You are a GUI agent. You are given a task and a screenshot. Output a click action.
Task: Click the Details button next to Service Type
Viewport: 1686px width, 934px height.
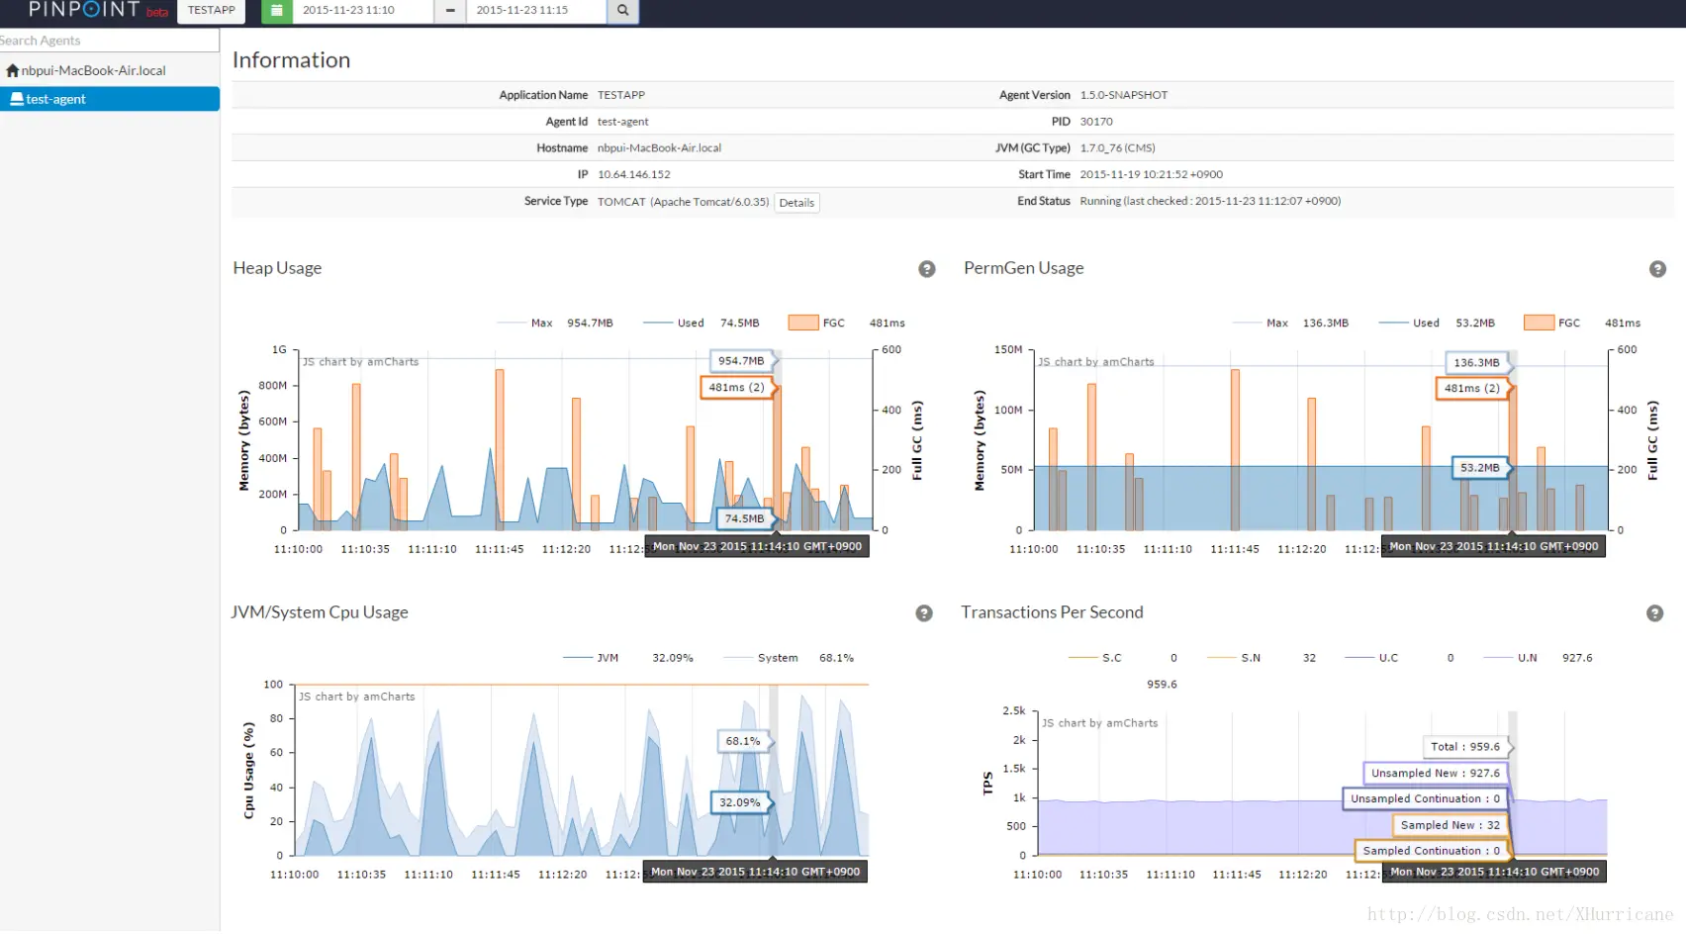(x=796, y=203)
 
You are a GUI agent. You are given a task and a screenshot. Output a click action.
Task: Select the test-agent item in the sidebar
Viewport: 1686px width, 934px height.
(x=55, y=99)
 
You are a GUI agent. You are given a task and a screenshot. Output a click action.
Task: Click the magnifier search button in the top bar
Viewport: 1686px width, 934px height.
(x=622, y=10)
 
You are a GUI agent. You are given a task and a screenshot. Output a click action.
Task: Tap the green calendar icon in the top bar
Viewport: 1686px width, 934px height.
(x=276, y=10)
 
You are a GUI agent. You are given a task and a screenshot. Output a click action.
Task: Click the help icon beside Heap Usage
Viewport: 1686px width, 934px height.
(x=926, y=269)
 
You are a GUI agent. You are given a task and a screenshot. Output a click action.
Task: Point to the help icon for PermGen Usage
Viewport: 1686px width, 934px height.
(x=1657, y=269)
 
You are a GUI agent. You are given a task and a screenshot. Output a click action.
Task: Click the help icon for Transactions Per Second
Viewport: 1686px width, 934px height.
(x=1654, y=613)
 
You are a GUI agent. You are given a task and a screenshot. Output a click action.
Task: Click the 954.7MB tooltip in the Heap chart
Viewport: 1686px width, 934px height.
(x=741, y=361)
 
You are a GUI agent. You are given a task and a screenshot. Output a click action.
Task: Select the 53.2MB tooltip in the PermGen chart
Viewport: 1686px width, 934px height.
(x=1479, y=468)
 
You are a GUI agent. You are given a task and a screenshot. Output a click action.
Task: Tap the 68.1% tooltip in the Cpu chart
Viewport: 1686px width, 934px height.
(x=743, y=741)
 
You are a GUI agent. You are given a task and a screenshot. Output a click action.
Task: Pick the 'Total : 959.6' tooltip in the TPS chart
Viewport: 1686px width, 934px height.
(x=1464, y=747)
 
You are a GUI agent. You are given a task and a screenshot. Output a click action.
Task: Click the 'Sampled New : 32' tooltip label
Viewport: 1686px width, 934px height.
(x=1450, y=825)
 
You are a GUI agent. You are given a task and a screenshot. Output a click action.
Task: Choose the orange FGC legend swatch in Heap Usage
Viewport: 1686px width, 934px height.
(x=802, y=323)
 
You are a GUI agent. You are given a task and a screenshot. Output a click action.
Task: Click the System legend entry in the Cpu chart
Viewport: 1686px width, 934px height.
(x=777, y=658)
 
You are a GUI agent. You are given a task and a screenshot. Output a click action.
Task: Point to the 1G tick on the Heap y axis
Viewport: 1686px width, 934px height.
(x=279, y=350)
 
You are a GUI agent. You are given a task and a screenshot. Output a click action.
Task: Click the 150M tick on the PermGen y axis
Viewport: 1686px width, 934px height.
(x=1007, y=350)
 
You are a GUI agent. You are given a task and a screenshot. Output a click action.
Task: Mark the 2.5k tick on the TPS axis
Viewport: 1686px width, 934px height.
(x=1013, y=711)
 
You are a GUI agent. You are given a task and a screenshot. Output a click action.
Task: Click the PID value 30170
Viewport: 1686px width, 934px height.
(x=1096, y=122)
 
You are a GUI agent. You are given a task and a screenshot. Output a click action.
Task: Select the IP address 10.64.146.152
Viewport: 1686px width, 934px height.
(x=633, y=175)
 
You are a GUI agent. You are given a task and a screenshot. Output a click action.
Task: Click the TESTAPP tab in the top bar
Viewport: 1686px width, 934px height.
(x=212, y=10)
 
